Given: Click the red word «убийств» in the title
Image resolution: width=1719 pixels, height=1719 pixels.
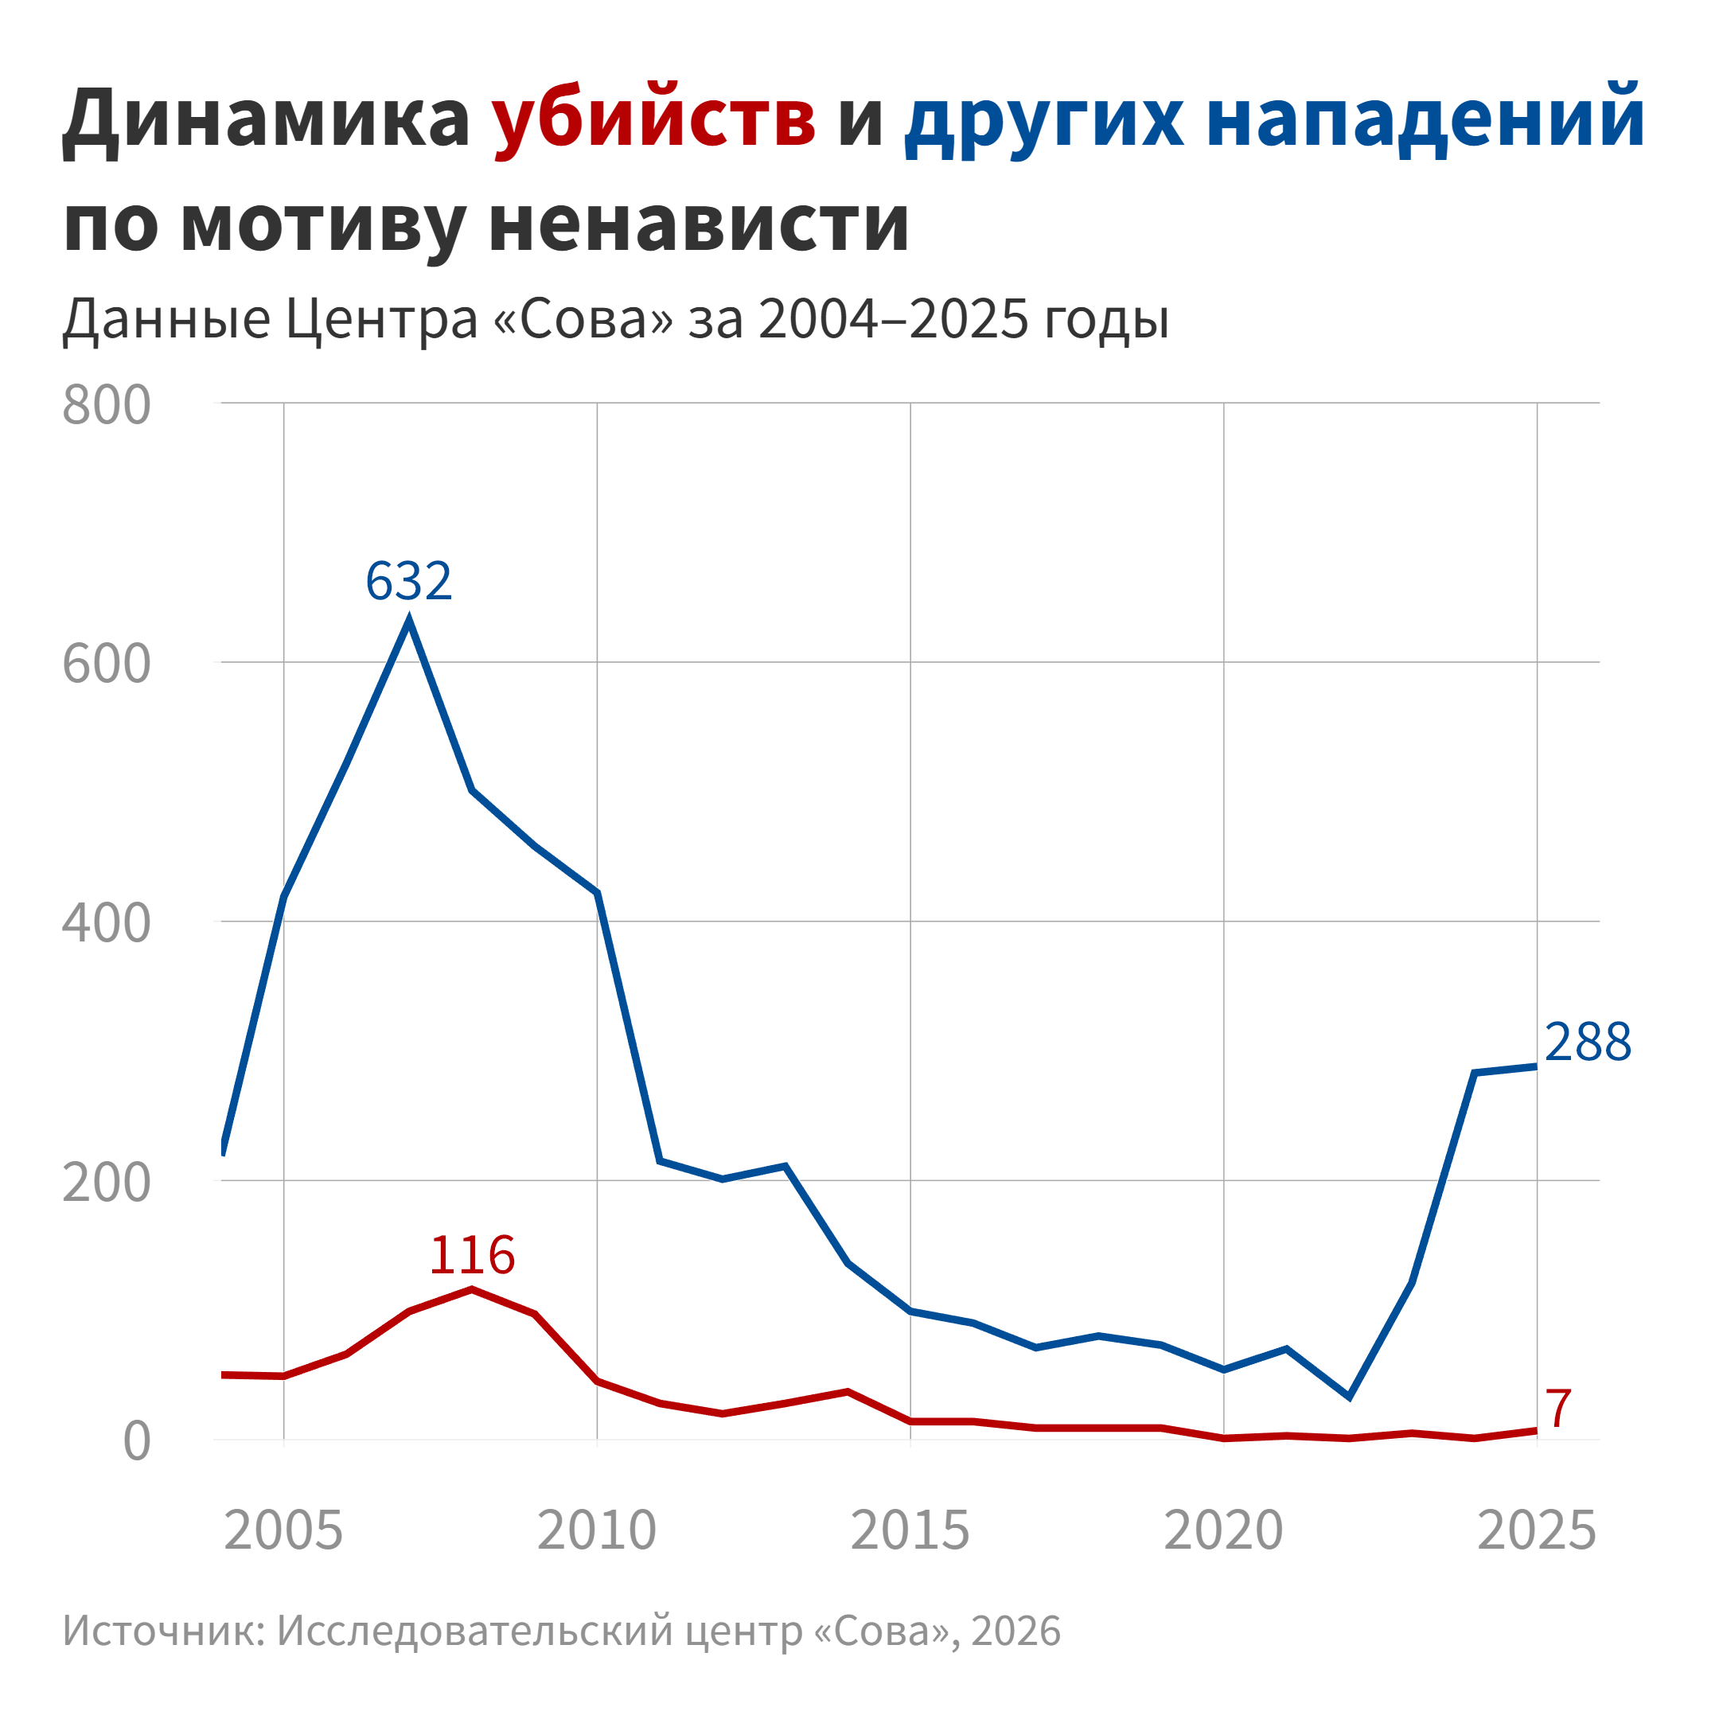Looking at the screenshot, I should (654, 119).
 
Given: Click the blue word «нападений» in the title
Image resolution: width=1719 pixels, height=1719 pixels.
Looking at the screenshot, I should (1425, 119).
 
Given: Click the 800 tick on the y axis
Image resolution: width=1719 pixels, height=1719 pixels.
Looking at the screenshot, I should (106, 406).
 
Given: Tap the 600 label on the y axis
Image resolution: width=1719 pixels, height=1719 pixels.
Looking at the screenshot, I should (106, 665).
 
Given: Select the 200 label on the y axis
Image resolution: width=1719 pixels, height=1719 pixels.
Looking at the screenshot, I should (106, 1183).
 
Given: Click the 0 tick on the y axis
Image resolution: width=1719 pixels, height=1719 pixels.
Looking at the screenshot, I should (136, 1441).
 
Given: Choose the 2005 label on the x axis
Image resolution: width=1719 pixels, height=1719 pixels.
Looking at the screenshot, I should (283, 1531).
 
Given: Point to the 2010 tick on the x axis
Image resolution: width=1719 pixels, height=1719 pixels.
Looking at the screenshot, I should (596, 1531).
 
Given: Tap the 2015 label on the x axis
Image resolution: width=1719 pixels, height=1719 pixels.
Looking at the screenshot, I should (910, 1531).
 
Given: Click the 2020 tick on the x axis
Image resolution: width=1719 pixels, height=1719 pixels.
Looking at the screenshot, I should (1223, 1531).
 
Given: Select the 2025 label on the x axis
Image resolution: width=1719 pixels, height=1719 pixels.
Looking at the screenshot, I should (1537, 1531).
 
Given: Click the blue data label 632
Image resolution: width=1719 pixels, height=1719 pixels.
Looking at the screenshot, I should (408, 581).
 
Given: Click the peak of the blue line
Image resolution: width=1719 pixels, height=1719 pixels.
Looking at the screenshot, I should (409, 619).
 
